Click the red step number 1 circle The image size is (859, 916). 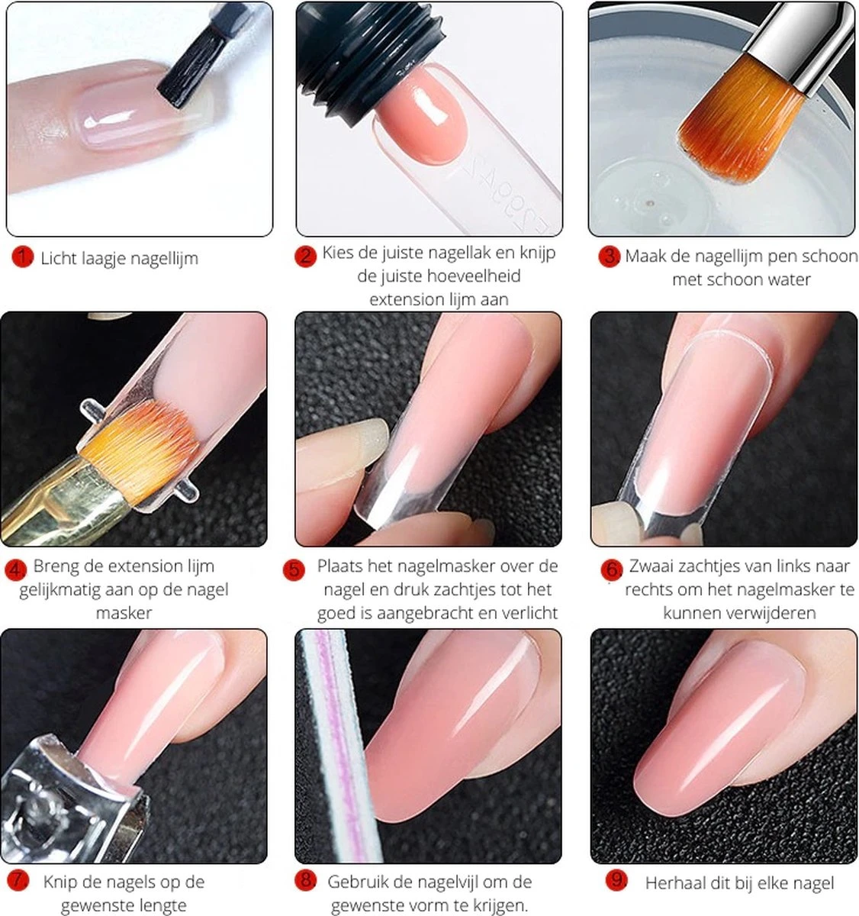22,257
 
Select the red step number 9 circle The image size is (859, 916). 616,881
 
